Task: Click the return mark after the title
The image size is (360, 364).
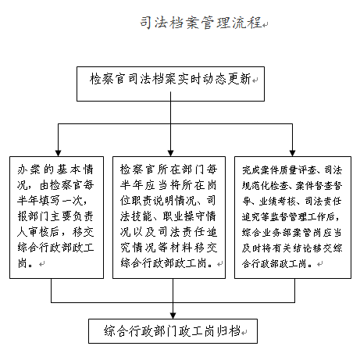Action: click(266, 25)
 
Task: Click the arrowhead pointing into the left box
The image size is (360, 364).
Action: click(58, 153)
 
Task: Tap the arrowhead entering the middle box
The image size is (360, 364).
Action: click(170, 153)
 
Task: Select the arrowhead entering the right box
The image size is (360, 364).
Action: click(292, 153)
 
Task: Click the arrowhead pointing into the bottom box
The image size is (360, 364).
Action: click(173, 316)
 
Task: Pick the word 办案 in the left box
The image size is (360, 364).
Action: click(29, 170)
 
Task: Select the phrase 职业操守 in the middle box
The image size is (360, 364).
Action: click(184, 216)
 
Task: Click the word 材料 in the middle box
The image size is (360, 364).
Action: click(180, 248)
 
